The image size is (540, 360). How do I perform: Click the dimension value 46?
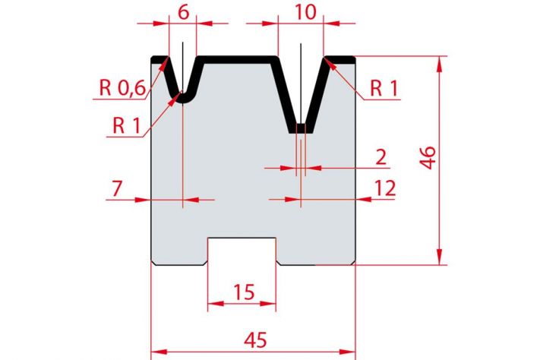point(428,157)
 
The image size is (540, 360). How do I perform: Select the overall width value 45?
point(255,339)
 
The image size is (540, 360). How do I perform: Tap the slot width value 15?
point(244,292)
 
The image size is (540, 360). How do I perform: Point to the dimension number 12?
point(384,188)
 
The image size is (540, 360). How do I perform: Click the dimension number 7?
point(117,188)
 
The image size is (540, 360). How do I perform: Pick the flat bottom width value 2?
point(381,157)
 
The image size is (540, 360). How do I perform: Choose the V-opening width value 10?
point(305,12)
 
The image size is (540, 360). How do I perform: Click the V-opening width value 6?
point(184,12)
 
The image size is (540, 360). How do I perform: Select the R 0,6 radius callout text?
point(122,87)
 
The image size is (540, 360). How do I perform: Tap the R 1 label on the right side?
point(384,88)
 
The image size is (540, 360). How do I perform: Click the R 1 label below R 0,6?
point(127,125)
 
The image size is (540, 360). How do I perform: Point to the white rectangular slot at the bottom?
point(242,251)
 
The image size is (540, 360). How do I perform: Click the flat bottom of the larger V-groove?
point(301,128)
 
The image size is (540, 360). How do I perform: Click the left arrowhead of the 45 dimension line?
point(159,352)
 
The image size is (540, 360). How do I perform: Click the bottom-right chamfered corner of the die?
point(353,263)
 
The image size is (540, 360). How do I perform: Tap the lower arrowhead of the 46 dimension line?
point(439,257)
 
